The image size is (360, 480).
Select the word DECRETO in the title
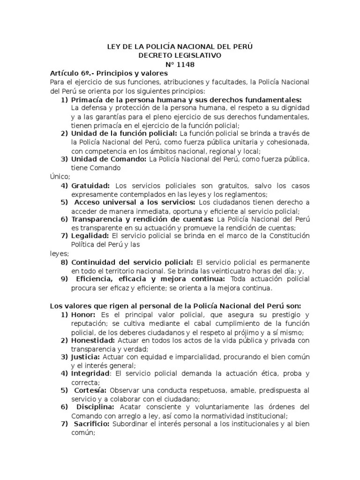point(157,56)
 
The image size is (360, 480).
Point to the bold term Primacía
point(89,100)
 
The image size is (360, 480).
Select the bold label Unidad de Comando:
point(109,159)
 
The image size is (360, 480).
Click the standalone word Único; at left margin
point(60,177)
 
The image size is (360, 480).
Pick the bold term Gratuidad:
point(91,186)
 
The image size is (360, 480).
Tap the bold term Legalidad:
point(90,236)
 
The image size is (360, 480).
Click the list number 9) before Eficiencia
point(65,279)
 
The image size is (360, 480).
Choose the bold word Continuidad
point(96,262)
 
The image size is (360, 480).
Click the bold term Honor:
point(83,315)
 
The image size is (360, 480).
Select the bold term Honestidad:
point(94,340)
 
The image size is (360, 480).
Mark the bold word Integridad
point(90,374)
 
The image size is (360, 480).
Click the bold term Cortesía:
point(90,390)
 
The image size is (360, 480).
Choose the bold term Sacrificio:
point(92,424)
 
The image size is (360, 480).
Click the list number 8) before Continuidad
point(65,262)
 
